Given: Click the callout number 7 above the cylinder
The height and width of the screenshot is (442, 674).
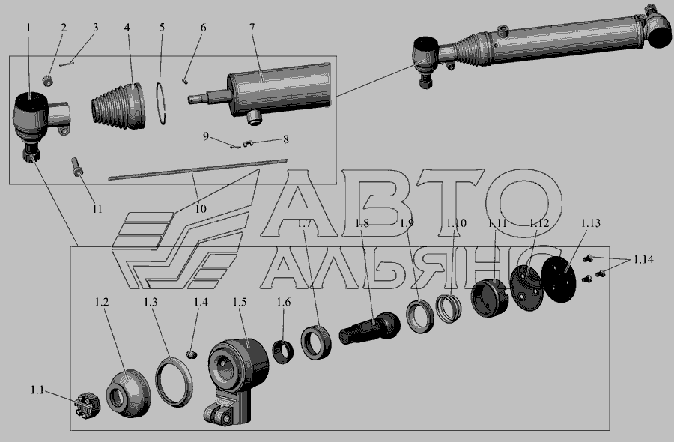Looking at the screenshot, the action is tap(252, 28).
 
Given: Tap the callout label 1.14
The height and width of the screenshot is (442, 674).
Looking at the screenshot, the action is tap(643, 259).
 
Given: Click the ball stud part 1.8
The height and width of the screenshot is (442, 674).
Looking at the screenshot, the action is tap(370, 327).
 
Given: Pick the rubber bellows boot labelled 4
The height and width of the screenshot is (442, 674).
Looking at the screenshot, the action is tap(118, 106).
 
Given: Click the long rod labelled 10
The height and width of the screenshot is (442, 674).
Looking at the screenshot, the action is tap(197, 169).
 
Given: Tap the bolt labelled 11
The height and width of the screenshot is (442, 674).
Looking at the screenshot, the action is tap(76, 167).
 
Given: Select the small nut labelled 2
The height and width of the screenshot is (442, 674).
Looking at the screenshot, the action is tap(47, 80).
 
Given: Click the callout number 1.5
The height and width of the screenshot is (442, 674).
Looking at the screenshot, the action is tap(240, 302).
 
